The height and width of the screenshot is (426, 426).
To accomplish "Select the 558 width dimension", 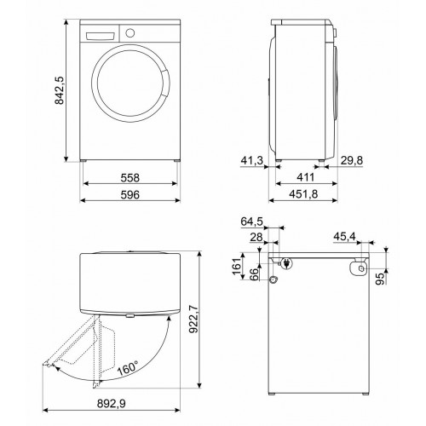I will point(130,179).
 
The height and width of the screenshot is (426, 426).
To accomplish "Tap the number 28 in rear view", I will point(255,239).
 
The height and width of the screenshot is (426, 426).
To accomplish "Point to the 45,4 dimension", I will point(345,237).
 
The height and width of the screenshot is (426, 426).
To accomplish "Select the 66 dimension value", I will point(252,273).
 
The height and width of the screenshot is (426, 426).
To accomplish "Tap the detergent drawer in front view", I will point(100,34).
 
